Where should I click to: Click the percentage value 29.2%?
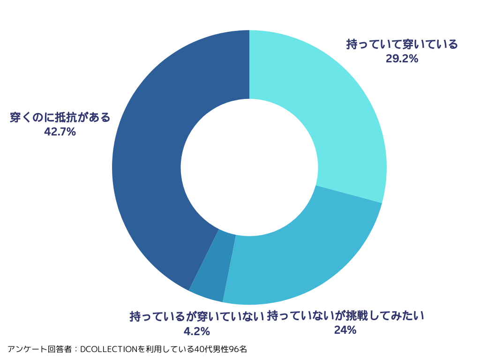402,59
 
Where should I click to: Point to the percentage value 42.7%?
60,132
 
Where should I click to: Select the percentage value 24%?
345,330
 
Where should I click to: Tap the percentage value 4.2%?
196,331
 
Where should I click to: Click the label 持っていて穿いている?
402,45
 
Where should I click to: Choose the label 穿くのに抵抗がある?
60,117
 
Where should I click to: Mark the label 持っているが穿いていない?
197,316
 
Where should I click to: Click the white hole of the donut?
249,167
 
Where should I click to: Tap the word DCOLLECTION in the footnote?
109,349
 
